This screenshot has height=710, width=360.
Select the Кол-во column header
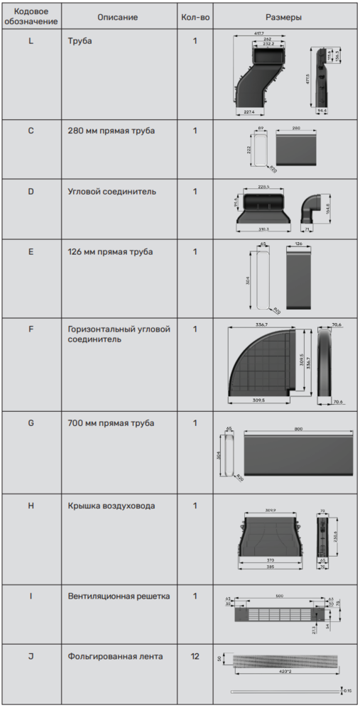pos(195,17)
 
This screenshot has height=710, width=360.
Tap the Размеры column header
pos(283,17)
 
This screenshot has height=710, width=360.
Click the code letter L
pos(31,41)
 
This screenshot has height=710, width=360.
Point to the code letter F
pos(31,329)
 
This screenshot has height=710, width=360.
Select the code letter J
pos(31,656)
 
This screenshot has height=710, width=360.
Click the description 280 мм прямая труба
pos(111,131)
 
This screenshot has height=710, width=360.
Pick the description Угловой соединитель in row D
pos(112,191)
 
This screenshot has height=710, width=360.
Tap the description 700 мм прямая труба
pos(111,423)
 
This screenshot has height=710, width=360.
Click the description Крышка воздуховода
pos(111,506)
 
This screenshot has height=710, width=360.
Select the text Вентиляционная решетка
pos(119,596)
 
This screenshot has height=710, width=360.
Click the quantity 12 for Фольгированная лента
pos(195,656)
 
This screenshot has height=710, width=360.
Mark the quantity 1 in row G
pos(195,423)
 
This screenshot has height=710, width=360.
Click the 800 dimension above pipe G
pos(298,429)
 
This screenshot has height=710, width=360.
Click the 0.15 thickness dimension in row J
pos(347,690)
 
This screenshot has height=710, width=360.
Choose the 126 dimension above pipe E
pos(298,244)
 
